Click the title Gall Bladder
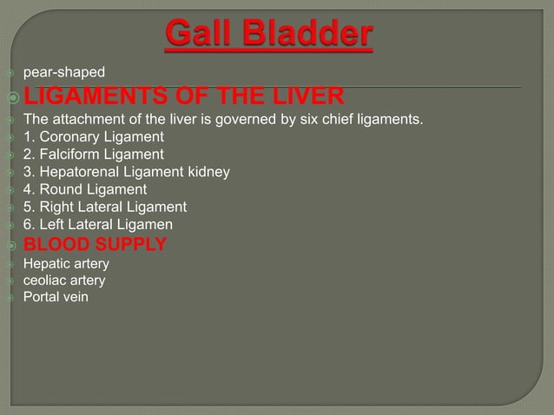point(269,36)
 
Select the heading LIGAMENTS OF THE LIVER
point(183,96)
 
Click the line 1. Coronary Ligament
point(94,136)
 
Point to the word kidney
point(208,171)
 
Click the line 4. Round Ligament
point(85,188)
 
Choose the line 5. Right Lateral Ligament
point(105,207)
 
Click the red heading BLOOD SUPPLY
point(95,244)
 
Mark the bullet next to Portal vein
point(10,298)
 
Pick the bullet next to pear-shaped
point(10,71)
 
